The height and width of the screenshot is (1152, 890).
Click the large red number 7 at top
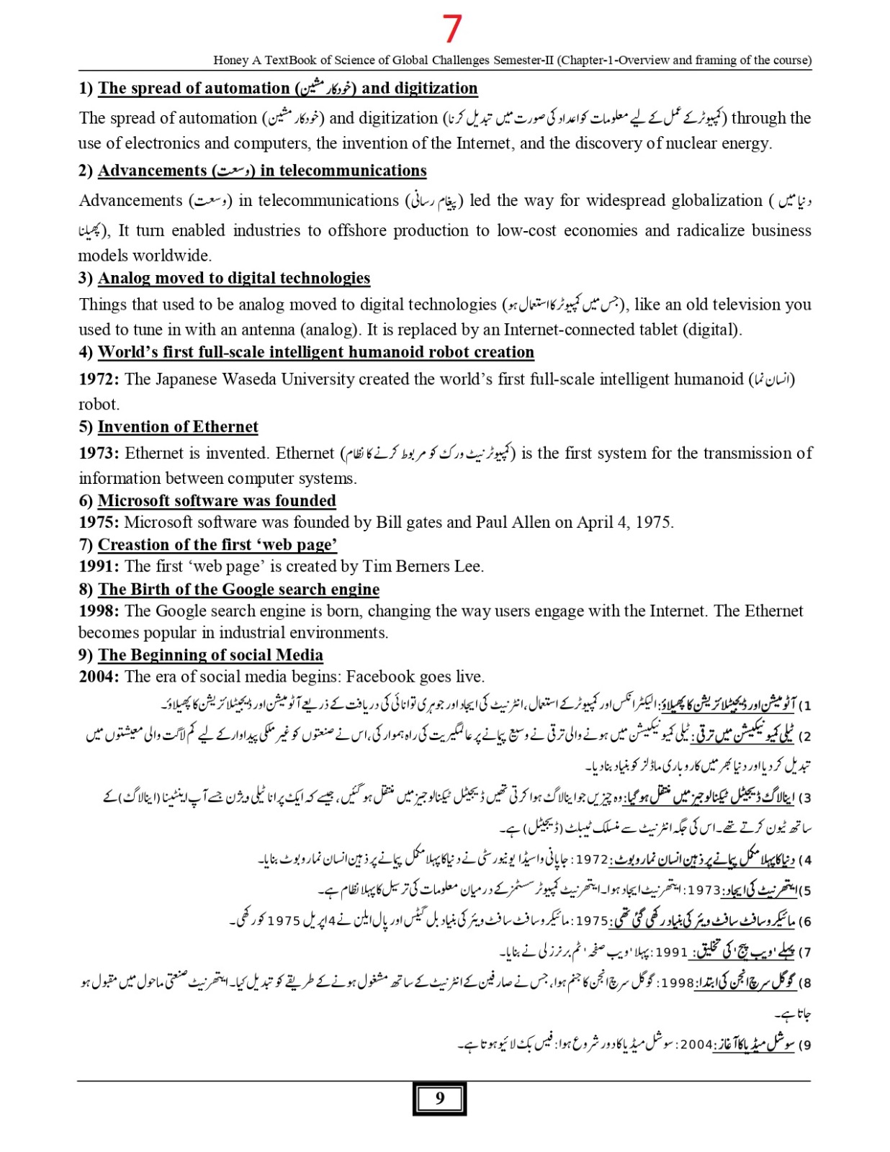coord(451,29)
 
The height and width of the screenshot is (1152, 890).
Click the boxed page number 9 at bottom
coord(439,1098)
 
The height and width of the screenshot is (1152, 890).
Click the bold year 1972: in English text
coord(99,379)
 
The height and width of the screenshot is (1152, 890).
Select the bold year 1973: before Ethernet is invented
coord(99,454)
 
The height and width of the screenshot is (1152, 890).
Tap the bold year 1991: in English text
coord(99,567)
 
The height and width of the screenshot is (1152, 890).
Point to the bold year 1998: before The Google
coord(99,611)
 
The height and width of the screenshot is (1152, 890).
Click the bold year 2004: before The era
coord(99,677)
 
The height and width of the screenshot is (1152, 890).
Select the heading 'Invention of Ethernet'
coord(178,427)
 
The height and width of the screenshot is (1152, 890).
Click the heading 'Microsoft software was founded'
coord(217,500)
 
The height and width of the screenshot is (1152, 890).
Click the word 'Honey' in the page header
coord(230,60)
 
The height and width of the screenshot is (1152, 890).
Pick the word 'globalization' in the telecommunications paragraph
coord(716,201)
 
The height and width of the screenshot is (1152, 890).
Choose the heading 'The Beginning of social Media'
coord(210,655)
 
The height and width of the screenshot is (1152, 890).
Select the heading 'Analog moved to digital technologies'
coord(234,279)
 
